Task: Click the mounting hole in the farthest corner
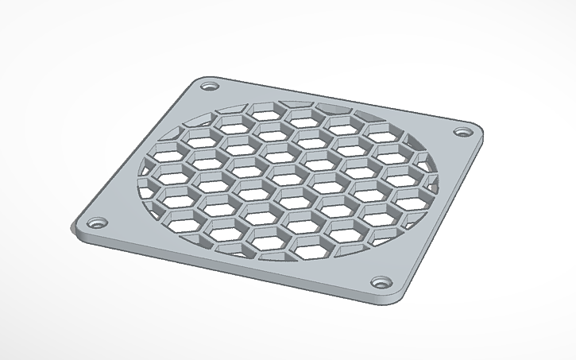(209, 85)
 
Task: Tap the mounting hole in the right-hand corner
(461, 131)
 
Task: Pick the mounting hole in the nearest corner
(382, 282)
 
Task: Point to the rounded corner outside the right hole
(479, 130)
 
